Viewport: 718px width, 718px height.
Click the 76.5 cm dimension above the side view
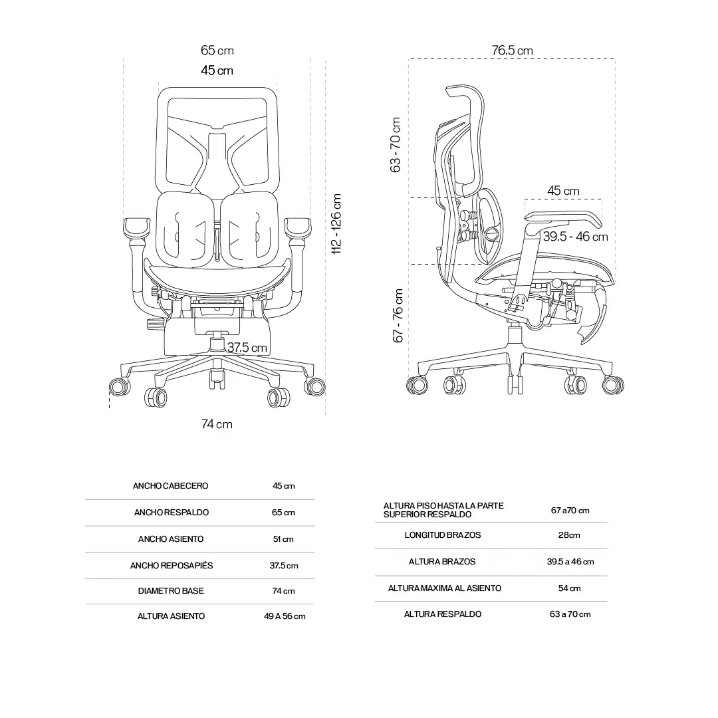pos(513,51)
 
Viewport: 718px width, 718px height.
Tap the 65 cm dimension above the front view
pos(217,51)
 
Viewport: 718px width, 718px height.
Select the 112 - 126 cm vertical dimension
pos(336,224)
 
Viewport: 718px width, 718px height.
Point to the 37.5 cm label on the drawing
pos(247,348)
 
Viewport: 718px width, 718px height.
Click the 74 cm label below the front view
pos(217,424)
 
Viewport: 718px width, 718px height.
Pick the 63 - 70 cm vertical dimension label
pos(395,145)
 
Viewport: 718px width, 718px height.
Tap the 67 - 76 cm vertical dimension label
pos(398,316)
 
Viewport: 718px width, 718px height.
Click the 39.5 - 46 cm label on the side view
pos(576,237)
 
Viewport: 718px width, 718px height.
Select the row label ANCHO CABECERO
pos(170,486)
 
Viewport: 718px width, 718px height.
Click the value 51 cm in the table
pos(283,539)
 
